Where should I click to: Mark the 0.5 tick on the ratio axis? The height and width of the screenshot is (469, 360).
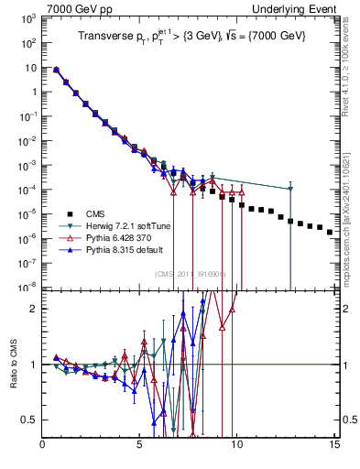[x=28, y=420]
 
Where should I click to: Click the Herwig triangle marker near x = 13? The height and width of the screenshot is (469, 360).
[x=290, y=189]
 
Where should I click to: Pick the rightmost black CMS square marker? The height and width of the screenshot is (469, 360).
[x=330, y=233]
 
